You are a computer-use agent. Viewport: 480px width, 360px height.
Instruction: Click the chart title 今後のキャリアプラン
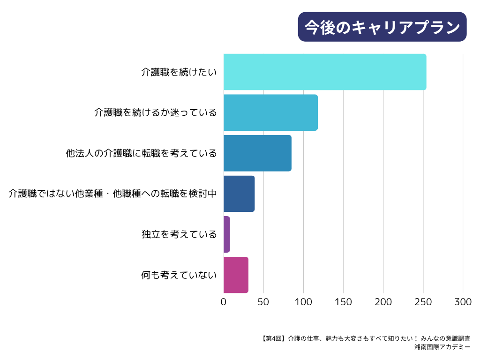[382, 27]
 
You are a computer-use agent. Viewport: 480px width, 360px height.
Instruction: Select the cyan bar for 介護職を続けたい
[325, 72]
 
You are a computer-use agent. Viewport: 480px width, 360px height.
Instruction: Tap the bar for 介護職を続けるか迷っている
[270, 112]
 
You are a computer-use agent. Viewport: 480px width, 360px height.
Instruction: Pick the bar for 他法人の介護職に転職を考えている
[257, 153]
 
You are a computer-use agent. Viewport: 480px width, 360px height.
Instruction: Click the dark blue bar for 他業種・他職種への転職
[239, 194]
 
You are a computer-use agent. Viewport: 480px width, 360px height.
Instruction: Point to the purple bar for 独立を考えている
[227, 234]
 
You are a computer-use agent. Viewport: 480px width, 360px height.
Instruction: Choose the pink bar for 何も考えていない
[236, 275]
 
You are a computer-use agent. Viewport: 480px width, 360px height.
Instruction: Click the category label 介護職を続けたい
[179, 72]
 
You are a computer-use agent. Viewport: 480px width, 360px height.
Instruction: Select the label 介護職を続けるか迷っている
[156, 112]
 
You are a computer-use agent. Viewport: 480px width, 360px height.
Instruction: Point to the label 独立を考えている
[179, 234]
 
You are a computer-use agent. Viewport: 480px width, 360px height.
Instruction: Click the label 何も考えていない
[179, 275]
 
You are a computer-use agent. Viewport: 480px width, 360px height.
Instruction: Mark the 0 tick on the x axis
[224, 302]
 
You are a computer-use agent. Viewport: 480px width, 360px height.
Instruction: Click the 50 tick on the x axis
[263, 302]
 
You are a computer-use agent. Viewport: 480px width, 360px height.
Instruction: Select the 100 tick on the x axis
[303, 302]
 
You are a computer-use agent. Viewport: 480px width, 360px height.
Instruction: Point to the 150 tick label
[344, 302]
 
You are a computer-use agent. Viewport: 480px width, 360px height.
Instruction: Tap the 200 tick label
[383, 302]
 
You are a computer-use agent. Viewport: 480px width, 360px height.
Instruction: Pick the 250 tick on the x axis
[423, 302]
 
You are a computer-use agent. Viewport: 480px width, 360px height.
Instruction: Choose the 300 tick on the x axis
[463, 302]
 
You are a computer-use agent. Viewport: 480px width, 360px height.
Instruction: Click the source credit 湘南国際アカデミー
[442, 347]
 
